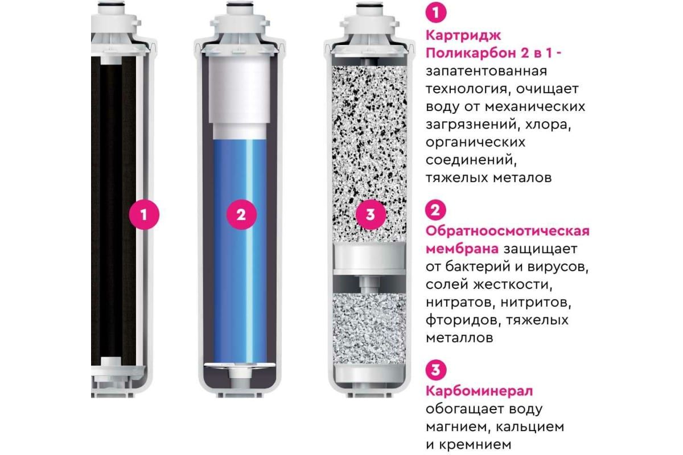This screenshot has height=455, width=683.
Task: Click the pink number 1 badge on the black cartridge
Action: (144, 214)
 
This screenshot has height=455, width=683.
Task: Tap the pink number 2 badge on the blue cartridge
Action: (241, 214)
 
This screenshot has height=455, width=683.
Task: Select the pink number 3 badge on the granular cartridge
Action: (371, 214)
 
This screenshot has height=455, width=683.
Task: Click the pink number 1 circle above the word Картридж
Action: (436, 13)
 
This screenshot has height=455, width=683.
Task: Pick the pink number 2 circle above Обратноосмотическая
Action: (436, 210)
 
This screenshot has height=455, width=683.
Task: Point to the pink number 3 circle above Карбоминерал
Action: (436, 370)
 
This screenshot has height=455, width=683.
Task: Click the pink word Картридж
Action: (463, 36)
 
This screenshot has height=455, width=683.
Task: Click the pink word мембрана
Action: (462, 249)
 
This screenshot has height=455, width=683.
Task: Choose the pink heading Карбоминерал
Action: (479, 391)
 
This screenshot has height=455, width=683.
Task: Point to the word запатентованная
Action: (486, 72)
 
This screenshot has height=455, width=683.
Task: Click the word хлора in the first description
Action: (548, 125)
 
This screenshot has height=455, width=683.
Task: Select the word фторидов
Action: (463, 321)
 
